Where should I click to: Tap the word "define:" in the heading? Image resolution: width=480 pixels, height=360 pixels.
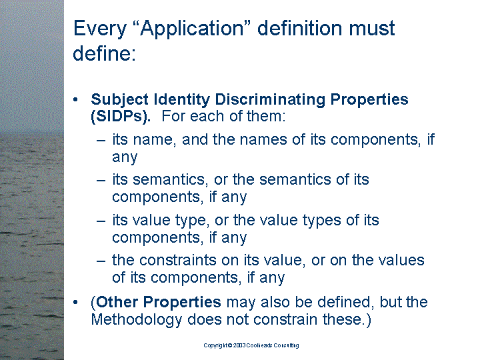click(105, 53)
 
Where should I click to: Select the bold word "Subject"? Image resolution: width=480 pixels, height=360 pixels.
click(120, 100)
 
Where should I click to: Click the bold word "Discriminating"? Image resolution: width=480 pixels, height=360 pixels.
click(270, 99)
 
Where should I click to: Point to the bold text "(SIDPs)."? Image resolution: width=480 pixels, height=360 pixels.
click(121, 116)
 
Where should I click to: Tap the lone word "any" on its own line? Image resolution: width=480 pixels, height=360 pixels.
click(125, 157)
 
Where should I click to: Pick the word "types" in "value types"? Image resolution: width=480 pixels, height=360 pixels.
click(322, 221)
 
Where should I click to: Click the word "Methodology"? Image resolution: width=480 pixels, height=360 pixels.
click(137, 320)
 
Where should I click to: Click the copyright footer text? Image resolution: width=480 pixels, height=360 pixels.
click(251, 345)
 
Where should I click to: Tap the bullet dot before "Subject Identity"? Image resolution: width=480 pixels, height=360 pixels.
click(75, 99)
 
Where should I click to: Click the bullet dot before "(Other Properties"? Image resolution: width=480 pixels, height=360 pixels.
click(75, 302)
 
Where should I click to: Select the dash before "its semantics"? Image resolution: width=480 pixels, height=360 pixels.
click(101, 180)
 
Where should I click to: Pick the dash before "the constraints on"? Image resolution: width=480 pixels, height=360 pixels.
click(101, 261)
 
